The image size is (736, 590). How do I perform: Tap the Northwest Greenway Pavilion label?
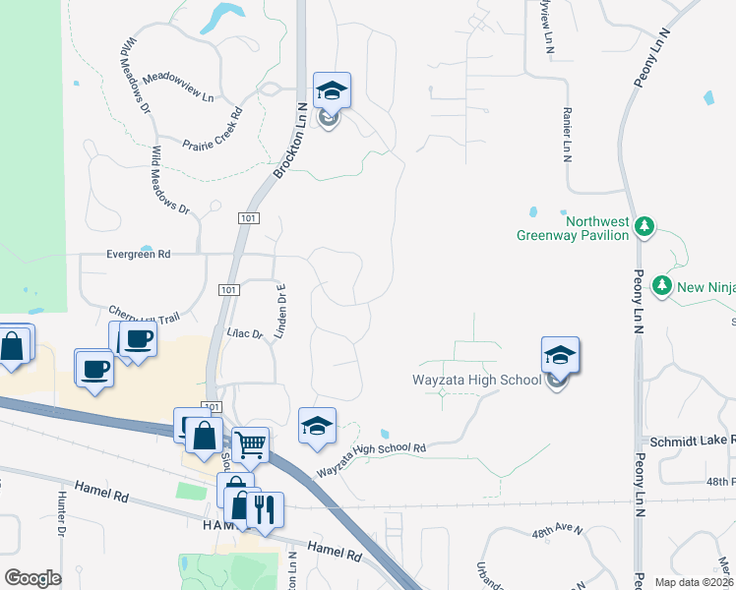[x=573, y=229]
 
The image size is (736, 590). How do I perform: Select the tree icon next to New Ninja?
[x=663, y=286]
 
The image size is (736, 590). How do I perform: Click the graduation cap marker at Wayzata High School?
[x=560, y=355]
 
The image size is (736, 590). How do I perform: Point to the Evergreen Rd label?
[x=139, y=254]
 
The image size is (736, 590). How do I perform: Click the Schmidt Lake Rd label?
[x=688, y=442]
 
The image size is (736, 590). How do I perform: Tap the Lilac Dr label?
[x=244, y=334]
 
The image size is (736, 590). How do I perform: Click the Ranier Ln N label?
[x=567, y=135]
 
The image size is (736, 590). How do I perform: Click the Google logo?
[x=32, y=578]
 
